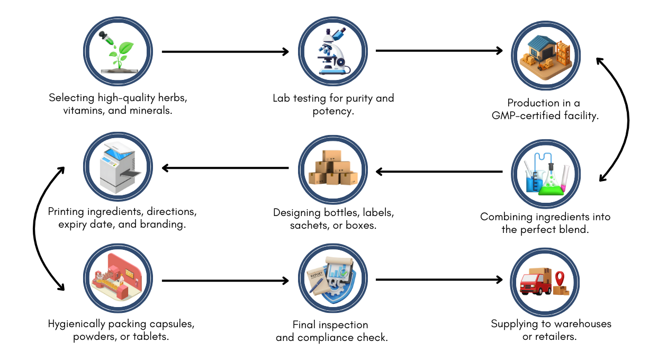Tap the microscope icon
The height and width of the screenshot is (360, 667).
click(332, 52)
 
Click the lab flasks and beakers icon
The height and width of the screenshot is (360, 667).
click(546, 174)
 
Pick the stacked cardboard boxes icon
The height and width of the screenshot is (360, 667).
click(332, 169)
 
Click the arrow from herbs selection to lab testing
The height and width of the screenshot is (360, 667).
click(225, 52)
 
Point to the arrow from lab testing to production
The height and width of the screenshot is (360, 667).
click(439, 51)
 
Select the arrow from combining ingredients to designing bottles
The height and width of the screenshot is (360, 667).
click(439, 172)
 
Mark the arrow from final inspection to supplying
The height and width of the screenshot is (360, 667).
click(439, 280)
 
